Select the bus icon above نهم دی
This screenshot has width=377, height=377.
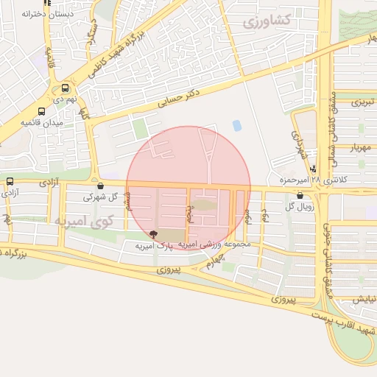[x=66, y=86]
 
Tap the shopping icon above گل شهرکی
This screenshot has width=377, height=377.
[x=100, y=186]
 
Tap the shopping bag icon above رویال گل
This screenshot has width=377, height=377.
[x=300, y=195]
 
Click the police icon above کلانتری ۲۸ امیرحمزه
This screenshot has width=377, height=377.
[x=314, y=169]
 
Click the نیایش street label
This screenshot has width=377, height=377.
[x=362, y=299]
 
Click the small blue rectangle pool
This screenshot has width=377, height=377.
[x=236, y=126]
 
